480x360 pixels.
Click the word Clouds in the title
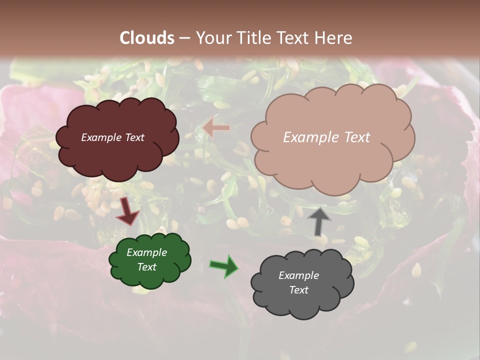click(147, 38)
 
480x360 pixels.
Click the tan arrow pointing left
click(216, 128)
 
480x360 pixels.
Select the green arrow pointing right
click(223, 265)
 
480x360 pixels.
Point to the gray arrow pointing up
click(318, 220)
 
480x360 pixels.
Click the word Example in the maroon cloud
click(101, 137)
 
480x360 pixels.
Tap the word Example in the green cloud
click(146, 253)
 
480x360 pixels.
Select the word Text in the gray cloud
click(299, 290)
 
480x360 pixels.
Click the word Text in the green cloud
click(147, 267)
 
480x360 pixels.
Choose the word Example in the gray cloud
click(298, 275)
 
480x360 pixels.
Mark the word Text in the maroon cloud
click(134, 137)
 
